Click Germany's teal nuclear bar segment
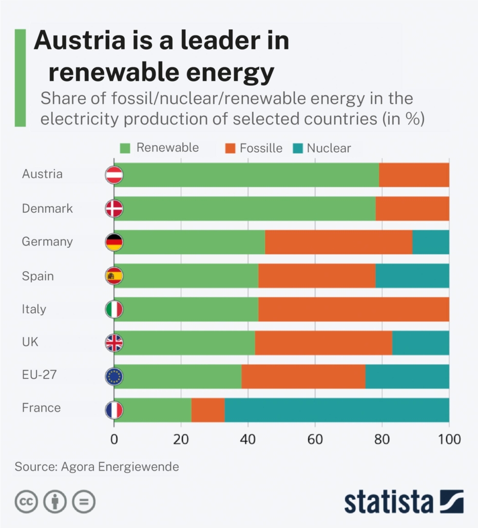pyautogui.click(x=431, y=242)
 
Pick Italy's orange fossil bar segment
pyautogui.click(x=353, y=309)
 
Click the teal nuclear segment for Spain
pyautogui.click(x=412, y=276)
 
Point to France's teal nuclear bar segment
pyautogui.click(x=336, y=410)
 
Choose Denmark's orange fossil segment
pyautogui.click(x=412, y=209)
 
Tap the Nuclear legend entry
pyautogui.click(x=322, y=148)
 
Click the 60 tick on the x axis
pyautogui.click(x=315, y=439)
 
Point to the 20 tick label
pyautogui.click(x=181, y=439)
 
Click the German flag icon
pyautogui.click(x=114, y=242)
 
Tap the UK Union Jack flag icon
pyautogui.click(x=114, y=343)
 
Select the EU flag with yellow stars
pyautogui.click(x=114, y=377)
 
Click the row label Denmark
pyautogui.click(x=47, y=209)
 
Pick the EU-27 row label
pyautogui.click(x=39, y=376)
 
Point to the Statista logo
pyautogui.click(x=404, y=501)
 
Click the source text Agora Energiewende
pyautogui.click(x=120, y=467)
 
